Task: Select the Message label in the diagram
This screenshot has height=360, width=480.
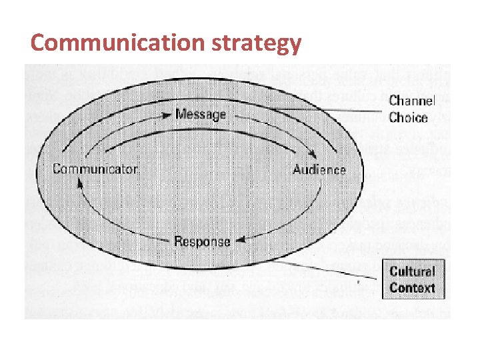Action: click(201, 114)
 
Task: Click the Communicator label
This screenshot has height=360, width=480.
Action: click(95, 169)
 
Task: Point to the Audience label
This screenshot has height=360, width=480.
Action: click(319, 169)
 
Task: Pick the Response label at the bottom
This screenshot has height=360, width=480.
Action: click(202, 241)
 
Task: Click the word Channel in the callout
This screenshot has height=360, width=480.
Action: click(412, 101)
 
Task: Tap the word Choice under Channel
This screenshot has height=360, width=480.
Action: click(408, 117)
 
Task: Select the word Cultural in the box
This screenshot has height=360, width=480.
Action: click(412, 271)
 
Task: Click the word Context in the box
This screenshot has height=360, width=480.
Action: click(412, 288)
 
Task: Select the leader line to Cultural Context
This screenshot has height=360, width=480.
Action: click(347, 269)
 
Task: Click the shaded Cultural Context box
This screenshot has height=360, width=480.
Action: click(412, 279)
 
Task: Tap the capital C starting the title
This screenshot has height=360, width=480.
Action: click(39, 43)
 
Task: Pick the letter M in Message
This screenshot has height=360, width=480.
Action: click(180, 114)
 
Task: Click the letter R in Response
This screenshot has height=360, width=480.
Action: click(178, 241)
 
